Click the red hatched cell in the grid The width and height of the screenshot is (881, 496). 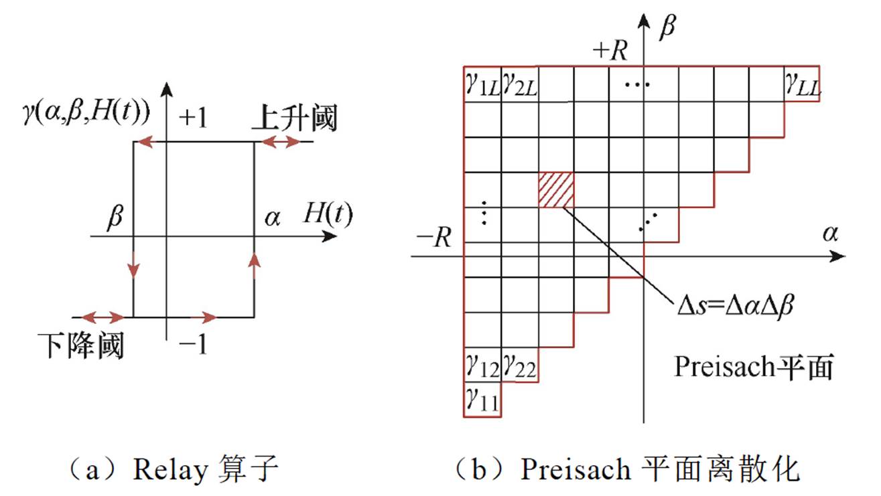click(556, 190)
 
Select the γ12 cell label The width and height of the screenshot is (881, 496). click(481, 365)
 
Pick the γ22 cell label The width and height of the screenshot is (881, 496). click(519, 365)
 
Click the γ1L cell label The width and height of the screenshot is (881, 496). click(482, 85)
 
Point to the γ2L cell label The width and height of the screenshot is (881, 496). click(520, 85)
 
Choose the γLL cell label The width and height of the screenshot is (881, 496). click(802, 85)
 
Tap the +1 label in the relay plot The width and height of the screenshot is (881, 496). click(194, 118)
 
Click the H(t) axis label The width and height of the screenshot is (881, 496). click(326, 214)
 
